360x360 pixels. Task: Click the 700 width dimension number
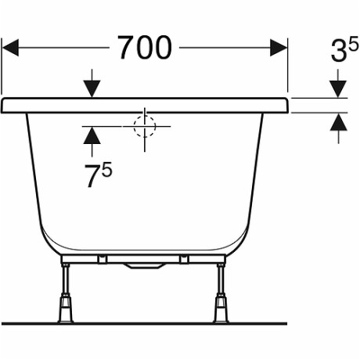pyautogui.click(x=145, y=48)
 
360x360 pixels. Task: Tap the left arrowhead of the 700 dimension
pyautogui.click(x=10, y=48)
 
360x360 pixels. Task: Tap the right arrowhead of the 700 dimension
pyautogui.click(x=279, y=48)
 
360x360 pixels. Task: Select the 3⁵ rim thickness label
pyautogui.click(x=344, y=49)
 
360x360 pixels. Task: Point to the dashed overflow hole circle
pyautogui.click(x=145, y=126)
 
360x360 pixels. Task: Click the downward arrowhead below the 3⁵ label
pyautogui.click(x=338, y=89)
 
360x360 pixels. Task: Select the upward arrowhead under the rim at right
pyautogui.click(x=338, y=122)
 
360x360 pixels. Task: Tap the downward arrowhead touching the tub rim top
pyautogui.click(x=92, y=89)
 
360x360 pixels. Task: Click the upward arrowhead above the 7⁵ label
pyautogui.click(x=92, y=135)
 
